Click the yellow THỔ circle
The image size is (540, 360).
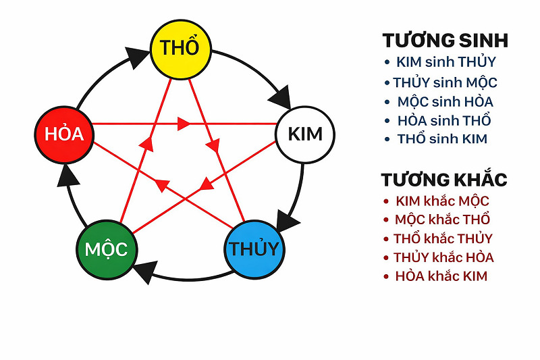pos(180,49)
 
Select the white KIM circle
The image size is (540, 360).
pos(305,133)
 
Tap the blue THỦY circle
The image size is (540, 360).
pos(252,248)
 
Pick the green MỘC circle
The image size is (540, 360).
pos(106,249)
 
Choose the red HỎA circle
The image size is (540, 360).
pos(63,133)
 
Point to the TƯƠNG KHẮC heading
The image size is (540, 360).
pos(443,180)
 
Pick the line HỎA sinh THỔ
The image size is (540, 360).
pos(444,121)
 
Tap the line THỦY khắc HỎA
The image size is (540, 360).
pos(443,257)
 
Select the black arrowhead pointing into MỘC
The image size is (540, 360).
pos(146,272)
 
